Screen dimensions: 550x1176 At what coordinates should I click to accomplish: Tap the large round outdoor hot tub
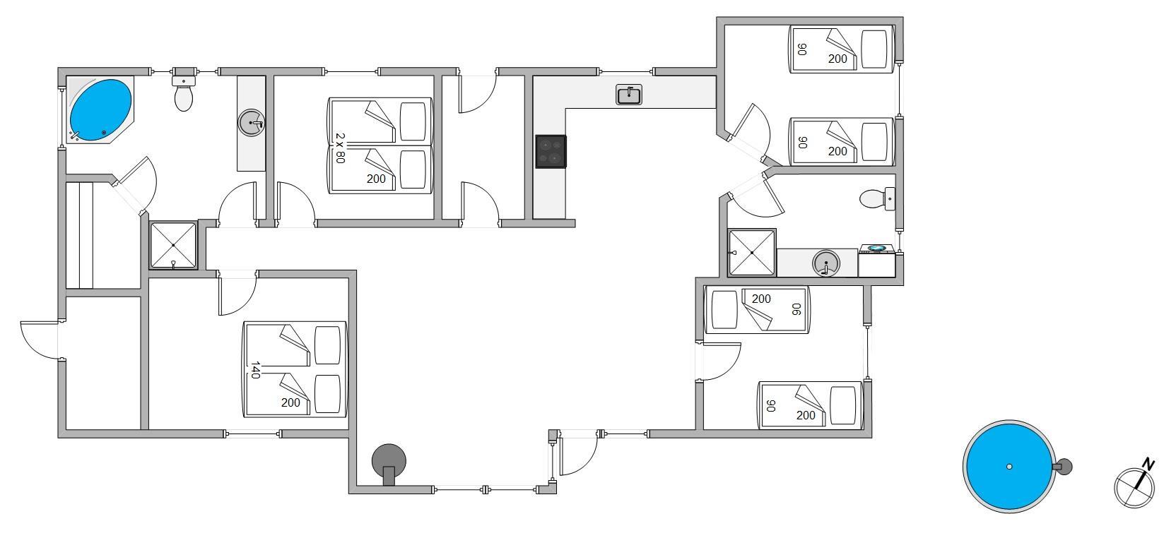point(1009,466)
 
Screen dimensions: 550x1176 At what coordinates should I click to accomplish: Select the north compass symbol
point(1134,486)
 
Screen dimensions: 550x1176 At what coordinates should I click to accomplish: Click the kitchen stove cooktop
point(551,151)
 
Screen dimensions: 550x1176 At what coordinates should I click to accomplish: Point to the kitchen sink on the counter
point(629,95)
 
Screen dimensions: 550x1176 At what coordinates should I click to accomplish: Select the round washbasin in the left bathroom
point(251,123)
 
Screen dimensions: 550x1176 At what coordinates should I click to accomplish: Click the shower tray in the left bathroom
point(173,245)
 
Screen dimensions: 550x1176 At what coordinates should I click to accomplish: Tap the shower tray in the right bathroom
point(752,253)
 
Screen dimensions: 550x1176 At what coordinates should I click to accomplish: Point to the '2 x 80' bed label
point(339,148)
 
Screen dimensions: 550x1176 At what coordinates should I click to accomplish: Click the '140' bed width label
point(255,370)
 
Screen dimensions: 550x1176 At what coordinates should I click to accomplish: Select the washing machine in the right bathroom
point(877,262)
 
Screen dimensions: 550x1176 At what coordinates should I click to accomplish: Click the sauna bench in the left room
point(79,235)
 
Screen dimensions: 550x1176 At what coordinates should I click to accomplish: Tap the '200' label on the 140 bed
point(290,402)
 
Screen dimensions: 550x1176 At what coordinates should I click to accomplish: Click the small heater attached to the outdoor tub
point(1064,466)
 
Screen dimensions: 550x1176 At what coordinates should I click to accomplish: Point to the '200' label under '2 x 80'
point(376,179)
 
